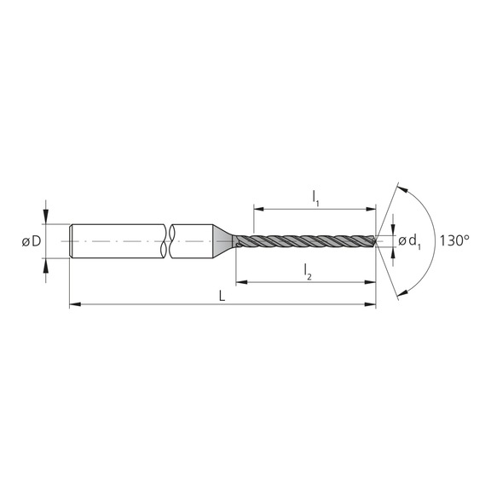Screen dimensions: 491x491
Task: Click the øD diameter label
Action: click(32, 241)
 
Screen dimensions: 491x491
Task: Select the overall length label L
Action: click(222, 295)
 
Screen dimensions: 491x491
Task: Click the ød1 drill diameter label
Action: click(410, 241)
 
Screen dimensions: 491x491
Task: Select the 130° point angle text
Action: click(455, 241)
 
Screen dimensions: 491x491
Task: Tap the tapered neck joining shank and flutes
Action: click(225, 241)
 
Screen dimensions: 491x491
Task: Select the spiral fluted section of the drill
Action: click(307, 241)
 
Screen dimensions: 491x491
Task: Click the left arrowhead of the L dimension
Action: click(73, 303)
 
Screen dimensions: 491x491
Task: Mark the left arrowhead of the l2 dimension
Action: click(240, 280)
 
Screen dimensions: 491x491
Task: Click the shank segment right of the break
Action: click(192, 241)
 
